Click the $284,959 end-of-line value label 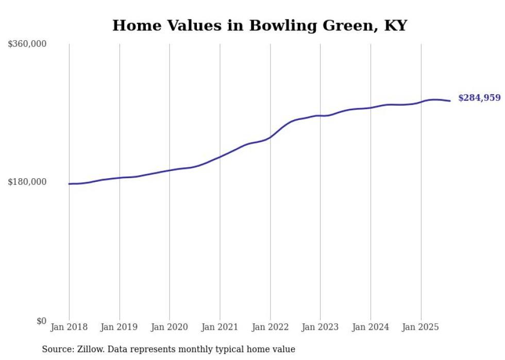(479, 98)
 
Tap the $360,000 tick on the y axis (27, 44)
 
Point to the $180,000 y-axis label (27, 182)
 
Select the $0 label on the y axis (41, 321)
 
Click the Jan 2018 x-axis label (69, 327)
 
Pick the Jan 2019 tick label (120, 327)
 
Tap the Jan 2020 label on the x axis (170, 327)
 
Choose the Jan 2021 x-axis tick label (220, 327)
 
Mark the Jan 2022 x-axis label (270, 327)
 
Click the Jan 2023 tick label (320, 327)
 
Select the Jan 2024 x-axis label (371, 327)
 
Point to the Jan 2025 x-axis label (420, 327)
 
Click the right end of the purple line (450, 101)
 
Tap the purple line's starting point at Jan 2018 (69, 184)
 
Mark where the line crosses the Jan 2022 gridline (270, 137)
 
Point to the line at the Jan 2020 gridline (170, 170)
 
